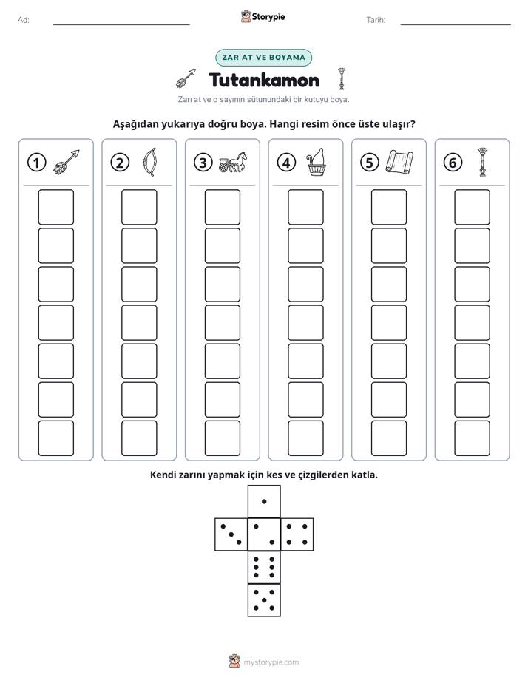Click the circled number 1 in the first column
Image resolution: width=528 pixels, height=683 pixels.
(x=36, y=163)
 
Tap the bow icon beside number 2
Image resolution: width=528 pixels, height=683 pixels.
(x=149, y=162)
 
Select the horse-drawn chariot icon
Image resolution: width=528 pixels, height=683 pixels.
(x=233, y=162)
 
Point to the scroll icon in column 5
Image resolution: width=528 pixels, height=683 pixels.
(x=399, y=162)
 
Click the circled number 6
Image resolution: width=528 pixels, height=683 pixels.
(x=453, y=163)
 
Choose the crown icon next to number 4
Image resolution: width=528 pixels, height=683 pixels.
(x=317, y=162)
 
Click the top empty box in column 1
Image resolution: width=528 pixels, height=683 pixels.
(x=56, y=207)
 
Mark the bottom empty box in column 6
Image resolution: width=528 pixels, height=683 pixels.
(x=473, y=438)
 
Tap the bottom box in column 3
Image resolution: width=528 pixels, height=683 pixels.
(x=223, y=438)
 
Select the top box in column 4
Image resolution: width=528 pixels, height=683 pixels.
(x=306, y=207)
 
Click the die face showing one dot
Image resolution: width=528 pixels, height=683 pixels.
(x=264, y=502)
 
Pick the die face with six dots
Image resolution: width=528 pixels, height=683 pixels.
(x=264, y=567)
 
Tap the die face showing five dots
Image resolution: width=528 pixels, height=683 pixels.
(x=264, y=600)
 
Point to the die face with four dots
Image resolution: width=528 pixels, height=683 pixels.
(x=297, y=534)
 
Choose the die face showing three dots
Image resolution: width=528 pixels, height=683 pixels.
(x=231, y=534)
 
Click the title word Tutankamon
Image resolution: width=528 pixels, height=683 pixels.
(x=264, y=80)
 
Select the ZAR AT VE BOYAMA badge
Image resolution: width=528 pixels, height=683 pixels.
(x=263, y=58)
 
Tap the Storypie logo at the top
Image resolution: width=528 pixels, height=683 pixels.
(x=263, y=17)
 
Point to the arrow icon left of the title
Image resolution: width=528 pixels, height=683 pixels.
(x=186, y=78)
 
